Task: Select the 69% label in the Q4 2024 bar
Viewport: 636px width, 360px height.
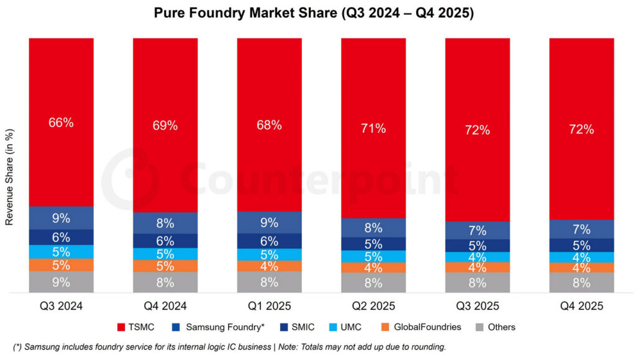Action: coord(165,125)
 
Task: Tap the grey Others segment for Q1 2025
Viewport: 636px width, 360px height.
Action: coord(269,282)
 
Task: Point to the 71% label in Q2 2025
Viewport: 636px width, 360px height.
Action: coord(373,128)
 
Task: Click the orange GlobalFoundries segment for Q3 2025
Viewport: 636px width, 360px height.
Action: coord(478,268)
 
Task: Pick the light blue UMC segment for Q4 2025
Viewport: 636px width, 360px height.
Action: coord(581,257)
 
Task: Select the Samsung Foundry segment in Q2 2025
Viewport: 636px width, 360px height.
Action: coord(373,227)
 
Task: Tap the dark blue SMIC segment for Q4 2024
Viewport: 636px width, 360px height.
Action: coord(165,241)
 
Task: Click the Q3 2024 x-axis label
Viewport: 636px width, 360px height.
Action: coord(61,306)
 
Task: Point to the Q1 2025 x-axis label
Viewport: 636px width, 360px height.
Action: coord(269,306)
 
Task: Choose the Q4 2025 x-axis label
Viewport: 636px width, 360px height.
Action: coord(581,306)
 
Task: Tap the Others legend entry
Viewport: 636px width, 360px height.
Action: coord(501,327)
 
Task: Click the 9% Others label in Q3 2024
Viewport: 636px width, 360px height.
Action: coord(61,282)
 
